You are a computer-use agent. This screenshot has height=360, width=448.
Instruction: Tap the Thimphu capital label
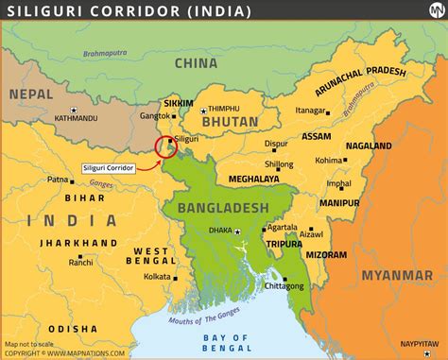(x=224, y=110)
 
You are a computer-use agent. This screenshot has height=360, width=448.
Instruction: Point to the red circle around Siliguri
(x=166, y=146)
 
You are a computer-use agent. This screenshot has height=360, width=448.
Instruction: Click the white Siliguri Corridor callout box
(x=108, y=166)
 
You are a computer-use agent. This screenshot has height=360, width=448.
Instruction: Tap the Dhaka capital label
(x=220, y=229)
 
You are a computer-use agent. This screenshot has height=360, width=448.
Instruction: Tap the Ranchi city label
(x=80, y=263)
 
